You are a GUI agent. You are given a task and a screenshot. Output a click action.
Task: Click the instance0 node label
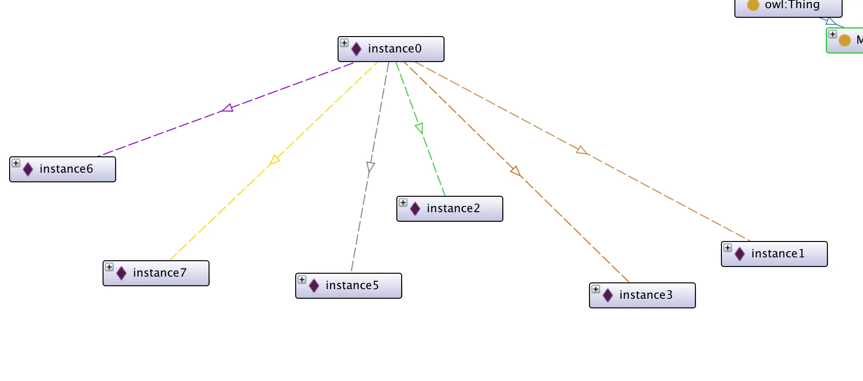click(x=394, y=49)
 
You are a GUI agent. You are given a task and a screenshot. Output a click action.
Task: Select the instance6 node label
click(x=66, y=169)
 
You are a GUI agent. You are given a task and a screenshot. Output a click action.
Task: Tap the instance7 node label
click(x=159, y=273)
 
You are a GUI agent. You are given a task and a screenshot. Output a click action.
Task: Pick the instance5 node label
click(x=352, y=286)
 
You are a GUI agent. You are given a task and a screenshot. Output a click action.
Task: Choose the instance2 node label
click(x=453, y=209)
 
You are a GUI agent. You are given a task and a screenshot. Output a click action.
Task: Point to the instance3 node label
click(x=646, y=295)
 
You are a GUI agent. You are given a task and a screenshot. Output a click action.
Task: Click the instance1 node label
click(x=778, y=254)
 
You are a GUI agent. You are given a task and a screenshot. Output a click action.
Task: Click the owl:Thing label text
click(x=792, y=5)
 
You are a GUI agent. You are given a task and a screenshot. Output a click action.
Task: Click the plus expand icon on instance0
click(x=344, y=43)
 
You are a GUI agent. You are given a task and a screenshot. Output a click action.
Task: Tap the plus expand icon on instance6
click(x=16, y=163)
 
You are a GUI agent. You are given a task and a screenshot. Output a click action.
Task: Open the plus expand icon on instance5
click(x=302, y=279)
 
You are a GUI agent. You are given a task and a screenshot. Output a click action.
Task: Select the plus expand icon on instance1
click(x=728, y=248)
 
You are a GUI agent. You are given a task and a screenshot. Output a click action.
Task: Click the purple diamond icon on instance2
click(x=415, y=209)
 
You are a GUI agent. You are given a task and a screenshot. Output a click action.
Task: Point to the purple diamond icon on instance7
click(x=121, y=273)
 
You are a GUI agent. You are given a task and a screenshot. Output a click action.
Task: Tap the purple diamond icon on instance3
click(x=608, y=295)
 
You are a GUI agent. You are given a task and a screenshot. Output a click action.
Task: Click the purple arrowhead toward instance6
click(x=228, y=108)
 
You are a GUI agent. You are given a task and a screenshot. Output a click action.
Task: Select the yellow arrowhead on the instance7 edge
click(x=275, y=160)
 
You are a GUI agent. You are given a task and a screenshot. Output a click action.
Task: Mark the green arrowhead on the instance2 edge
click(x=419, y=128)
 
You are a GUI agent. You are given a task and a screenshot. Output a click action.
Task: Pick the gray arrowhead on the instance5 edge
click(x=370, y=167)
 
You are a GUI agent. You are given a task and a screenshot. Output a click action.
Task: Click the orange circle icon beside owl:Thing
click(x=753, y=5)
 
